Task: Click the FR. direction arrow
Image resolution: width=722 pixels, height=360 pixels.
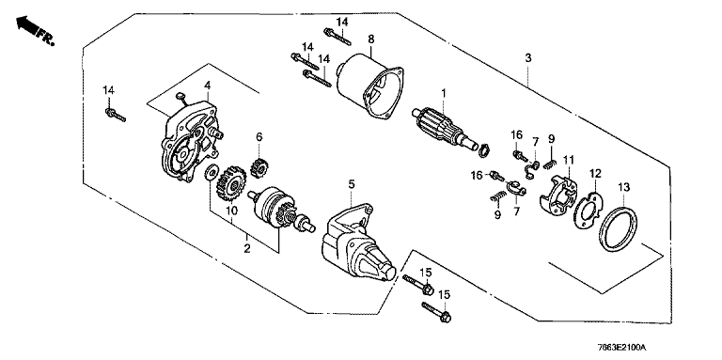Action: click(x=27, y=25)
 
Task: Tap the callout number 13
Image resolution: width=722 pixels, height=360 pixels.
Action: click(x=623, y=187)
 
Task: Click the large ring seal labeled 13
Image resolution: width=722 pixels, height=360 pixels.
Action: click(x=619, y=229)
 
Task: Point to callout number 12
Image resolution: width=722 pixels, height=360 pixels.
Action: click(x=596, y=174)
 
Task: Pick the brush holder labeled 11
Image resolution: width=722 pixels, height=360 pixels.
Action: click(x=558, y=195)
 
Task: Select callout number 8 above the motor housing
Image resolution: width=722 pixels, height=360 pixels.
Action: click(x=371, y=39)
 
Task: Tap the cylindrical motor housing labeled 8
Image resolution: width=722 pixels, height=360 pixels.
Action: click(x=369, y=85)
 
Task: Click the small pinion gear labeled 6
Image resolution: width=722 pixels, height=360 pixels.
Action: click(x=259, y=168)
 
